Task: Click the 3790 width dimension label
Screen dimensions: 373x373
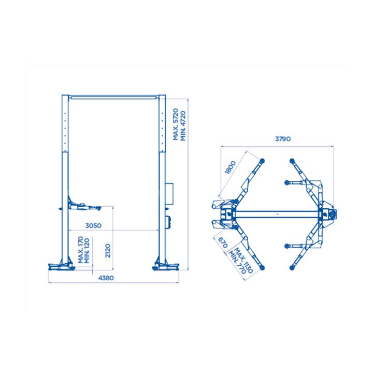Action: [283, 139]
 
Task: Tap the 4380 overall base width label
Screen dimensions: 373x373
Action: [106, 278]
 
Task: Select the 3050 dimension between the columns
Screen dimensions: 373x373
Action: [93, 225]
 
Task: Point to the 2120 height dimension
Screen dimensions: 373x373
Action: [108, 251]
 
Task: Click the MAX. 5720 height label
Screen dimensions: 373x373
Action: [176, 124]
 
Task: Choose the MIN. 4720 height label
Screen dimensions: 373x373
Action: [183, 126]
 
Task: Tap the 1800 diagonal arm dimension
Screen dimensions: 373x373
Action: [230, 167]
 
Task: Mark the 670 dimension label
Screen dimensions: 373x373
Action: [223, 242]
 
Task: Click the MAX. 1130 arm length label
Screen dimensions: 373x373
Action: [243, 261]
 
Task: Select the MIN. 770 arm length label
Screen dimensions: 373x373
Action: [237, 262]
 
